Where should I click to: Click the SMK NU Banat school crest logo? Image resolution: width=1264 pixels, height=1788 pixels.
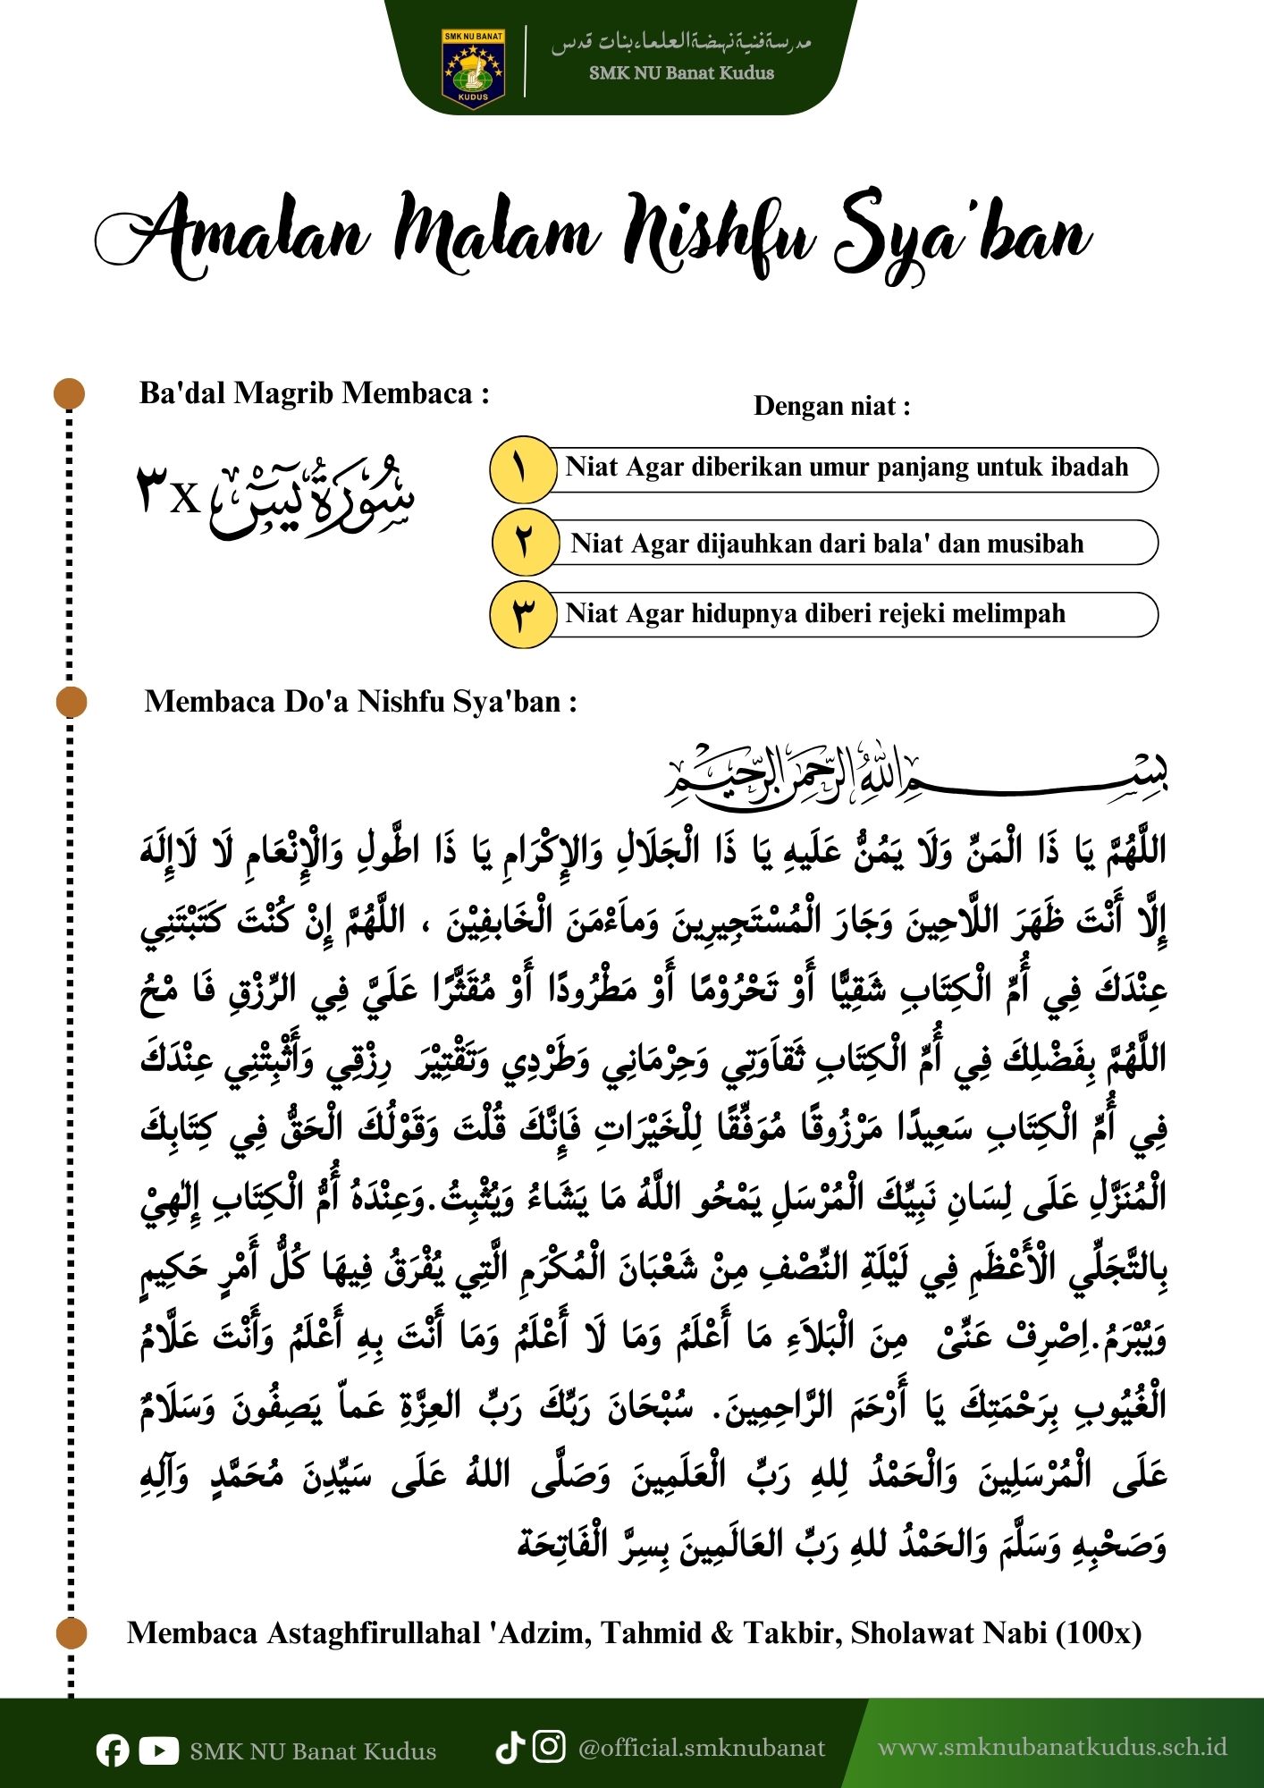473,69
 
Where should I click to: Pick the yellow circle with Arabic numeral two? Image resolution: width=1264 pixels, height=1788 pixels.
524,543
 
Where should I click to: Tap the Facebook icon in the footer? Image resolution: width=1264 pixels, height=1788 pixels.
113,1750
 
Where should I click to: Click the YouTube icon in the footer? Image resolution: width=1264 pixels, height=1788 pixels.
158,1750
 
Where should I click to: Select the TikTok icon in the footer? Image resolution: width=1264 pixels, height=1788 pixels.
510,1747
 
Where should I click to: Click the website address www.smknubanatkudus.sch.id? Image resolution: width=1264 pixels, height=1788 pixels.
1052,1747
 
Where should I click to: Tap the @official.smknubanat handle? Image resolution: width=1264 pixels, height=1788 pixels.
702,1747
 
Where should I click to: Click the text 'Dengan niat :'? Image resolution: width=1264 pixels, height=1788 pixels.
832,407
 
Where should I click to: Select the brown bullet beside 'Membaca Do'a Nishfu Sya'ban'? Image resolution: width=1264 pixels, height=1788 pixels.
71,702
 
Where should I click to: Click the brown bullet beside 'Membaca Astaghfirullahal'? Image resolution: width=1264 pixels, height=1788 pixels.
71,1633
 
